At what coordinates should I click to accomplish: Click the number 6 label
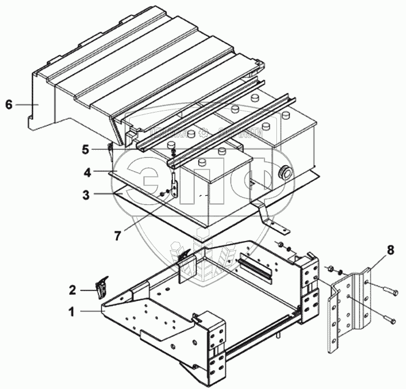(8, 105)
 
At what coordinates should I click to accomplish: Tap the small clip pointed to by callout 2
(103, 286)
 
